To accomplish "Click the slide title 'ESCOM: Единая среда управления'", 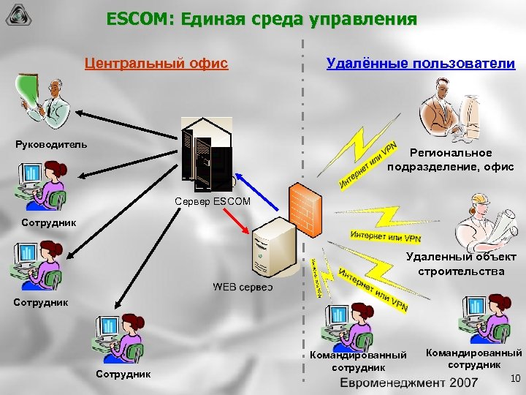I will [262, 18].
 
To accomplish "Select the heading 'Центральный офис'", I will [156, 64].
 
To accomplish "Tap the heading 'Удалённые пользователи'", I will [420, 64].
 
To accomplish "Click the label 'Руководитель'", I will [51, 143].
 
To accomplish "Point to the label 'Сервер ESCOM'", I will [213, 201].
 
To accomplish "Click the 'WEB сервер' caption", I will [243, 286].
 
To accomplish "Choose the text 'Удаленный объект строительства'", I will [460, 264].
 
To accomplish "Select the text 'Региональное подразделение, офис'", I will [451, 160].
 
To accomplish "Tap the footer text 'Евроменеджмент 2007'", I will [413, 383].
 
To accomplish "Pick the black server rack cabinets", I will [207, 157].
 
